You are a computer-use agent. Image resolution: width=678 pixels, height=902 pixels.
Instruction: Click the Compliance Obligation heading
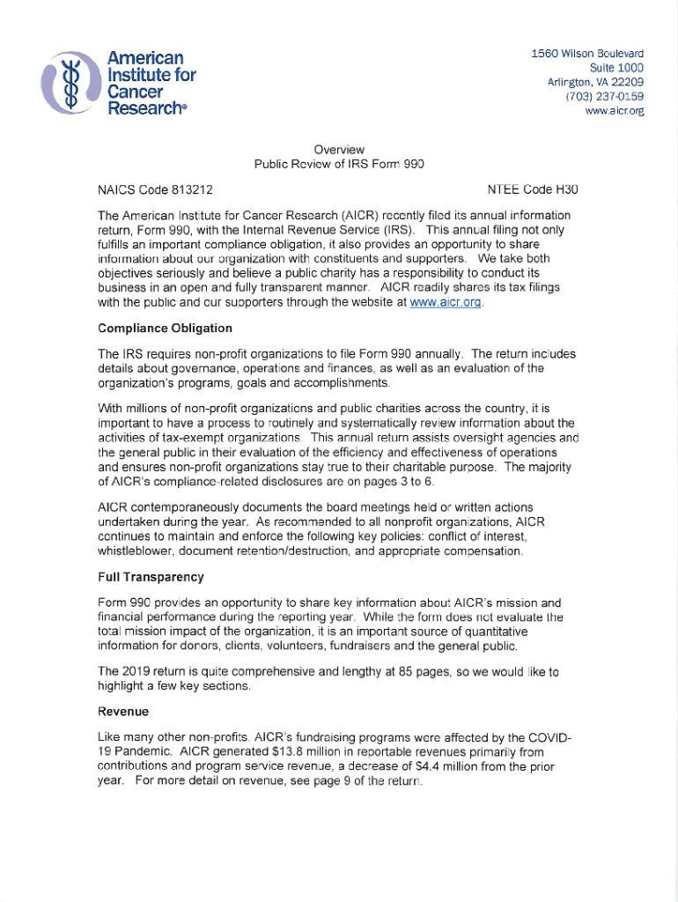[166, 329]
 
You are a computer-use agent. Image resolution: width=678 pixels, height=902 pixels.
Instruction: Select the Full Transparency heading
[151, 578]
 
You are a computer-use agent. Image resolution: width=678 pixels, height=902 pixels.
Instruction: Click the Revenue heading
[123, 711]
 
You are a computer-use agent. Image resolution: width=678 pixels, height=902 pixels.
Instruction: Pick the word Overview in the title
[339, 149]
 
